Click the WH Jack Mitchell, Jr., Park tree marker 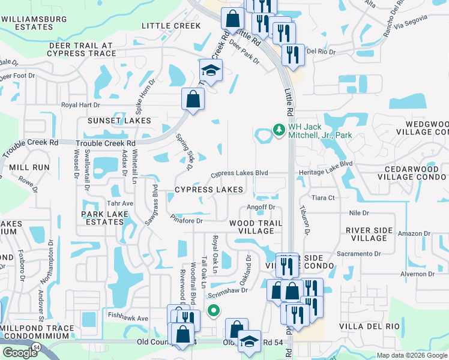pos(279,130)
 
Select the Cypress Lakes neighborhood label pos(209,190)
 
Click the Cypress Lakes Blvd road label pos(238,174)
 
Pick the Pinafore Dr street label pos(187,220)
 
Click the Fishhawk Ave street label pos(128,318)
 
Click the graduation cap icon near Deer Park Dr pos(211,71)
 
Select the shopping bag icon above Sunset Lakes pos(193,100)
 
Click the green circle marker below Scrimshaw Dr pos(212,310)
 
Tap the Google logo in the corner pos(20,352)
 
